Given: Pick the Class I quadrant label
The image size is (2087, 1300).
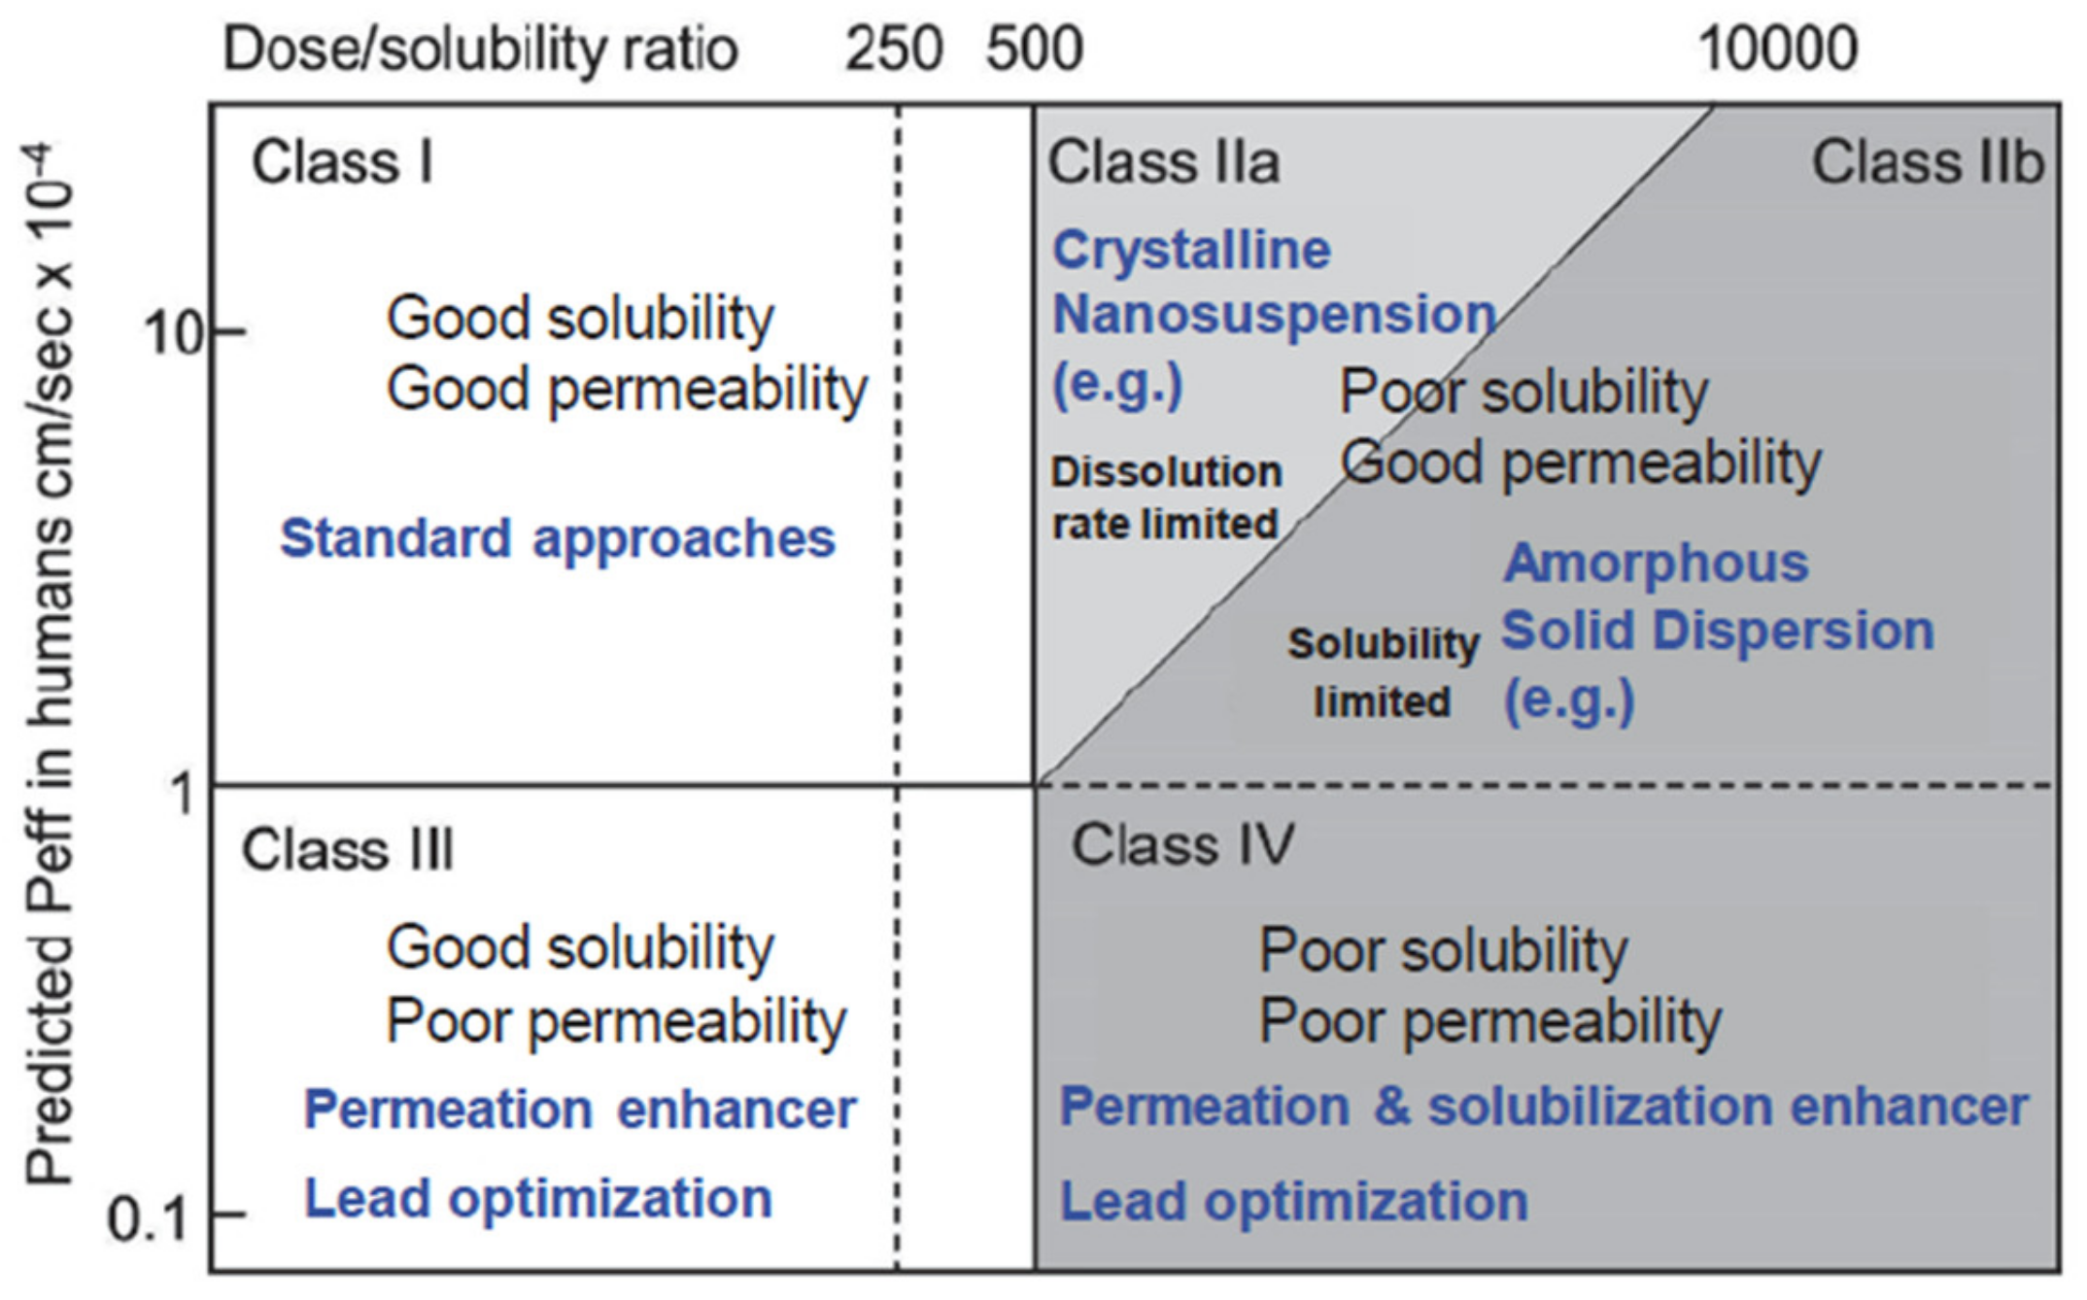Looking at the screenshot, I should (x=342, y=162).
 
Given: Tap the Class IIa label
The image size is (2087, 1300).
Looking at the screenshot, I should (x=1163, y=162).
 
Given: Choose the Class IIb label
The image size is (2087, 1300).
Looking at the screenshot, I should (x=1928, y=162).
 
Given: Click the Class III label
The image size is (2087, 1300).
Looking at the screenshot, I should (x=348, y=850).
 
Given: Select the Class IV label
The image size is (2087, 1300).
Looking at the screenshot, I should (x=1182, y=844).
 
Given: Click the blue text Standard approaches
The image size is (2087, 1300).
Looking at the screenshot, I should (x=558, y=538).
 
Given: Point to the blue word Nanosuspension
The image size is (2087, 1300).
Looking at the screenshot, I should (x=1274, y=315).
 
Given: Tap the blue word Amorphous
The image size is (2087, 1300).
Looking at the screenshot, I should (x=1656, y=563).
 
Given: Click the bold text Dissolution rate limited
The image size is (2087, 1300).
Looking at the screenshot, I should (x=1166, y=497).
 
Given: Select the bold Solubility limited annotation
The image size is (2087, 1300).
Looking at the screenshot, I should (x=1383, y=672).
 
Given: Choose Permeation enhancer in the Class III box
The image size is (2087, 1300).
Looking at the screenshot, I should (x=580, y=1109).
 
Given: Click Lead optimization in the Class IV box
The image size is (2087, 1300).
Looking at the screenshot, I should (x=1293, y=1201).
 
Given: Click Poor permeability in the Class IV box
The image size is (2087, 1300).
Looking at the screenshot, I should (x=1489, y=1021).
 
